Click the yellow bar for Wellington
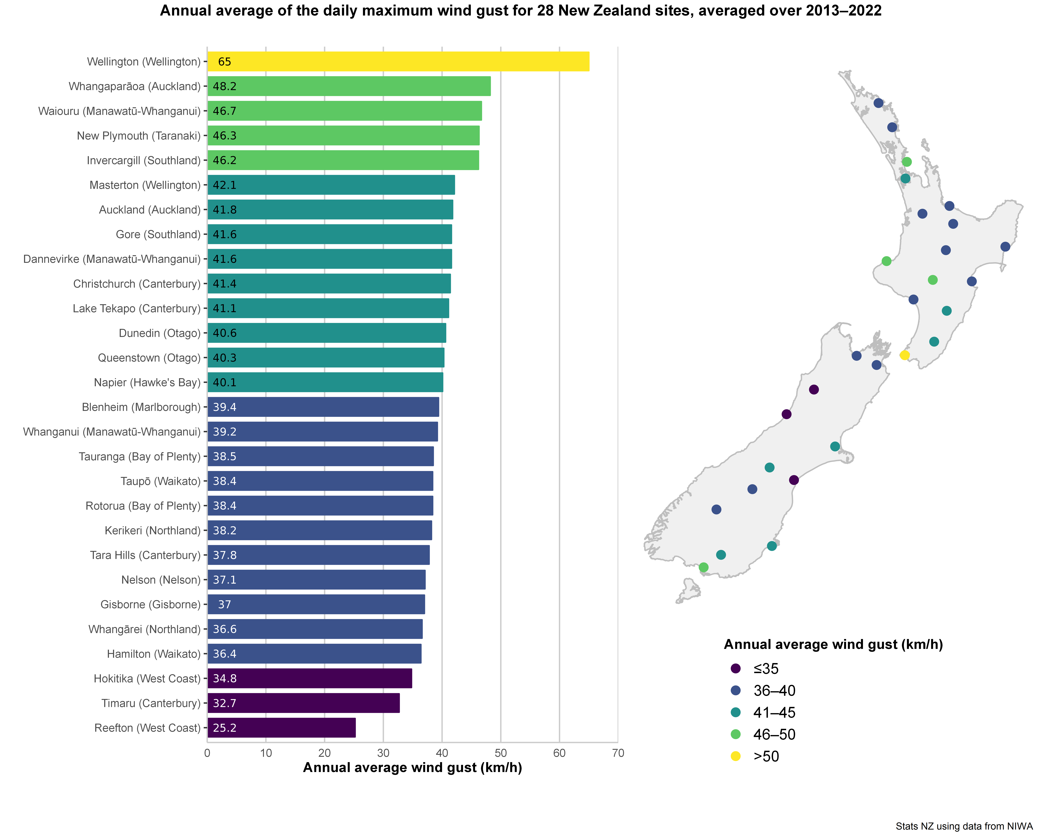398,61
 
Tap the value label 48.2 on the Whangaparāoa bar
225,87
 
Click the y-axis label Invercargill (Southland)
144,161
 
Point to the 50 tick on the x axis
501,753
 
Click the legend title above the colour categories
833,644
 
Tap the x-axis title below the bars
412,768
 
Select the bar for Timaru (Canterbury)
303,703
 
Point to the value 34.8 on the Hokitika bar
225,678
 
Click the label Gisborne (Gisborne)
150,604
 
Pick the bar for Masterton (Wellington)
331,185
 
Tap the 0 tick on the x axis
207,753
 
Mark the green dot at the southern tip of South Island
704,567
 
